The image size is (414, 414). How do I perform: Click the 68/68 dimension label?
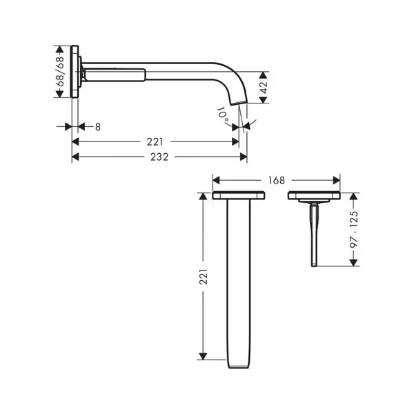(x=60, y=72)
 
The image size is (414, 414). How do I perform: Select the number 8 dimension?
(x=98, y=127)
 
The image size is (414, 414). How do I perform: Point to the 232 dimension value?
(x=159, y=157)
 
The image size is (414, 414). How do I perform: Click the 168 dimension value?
(x=277, y=181)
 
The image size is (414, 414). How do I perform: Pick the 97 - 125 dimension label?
(x=354, y=229)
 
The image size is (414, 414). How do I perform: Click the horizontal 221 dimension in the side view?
(x=155, y=142)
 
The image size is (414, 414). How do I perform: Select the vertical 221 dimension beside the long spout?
(x=204, y=277)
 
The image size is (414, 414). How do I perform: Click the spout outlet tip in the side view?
(x=239, y=103)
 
